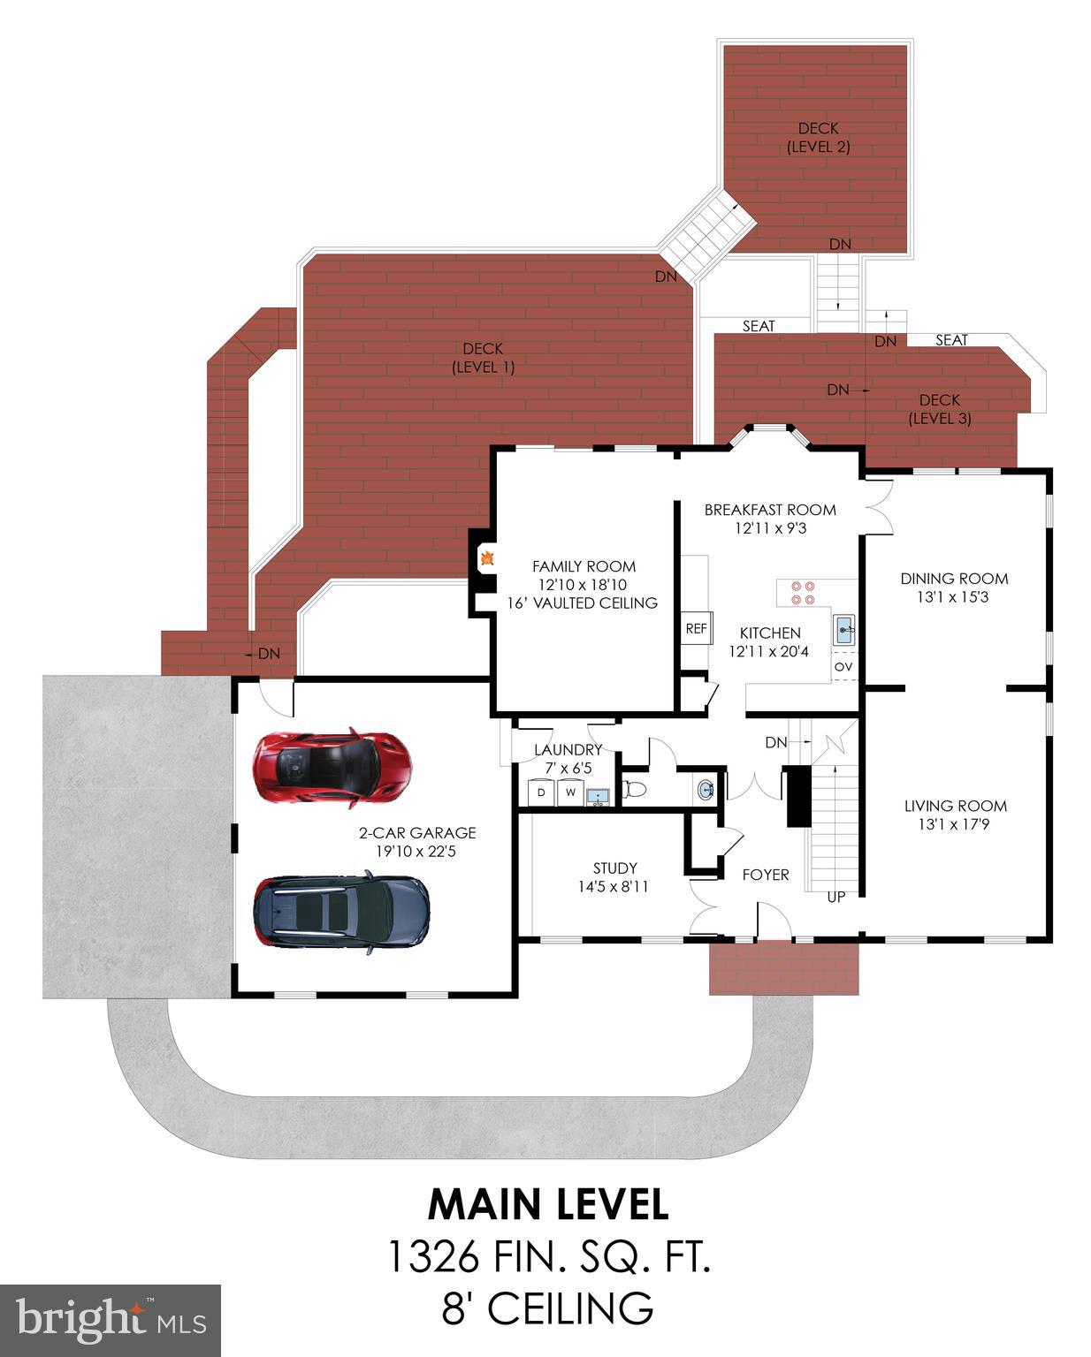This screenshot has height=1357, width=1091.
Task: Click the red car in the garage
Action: pyautogui.click(x=332, y=766)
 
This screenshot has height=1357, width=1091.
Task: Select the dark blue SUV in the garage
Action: pyautogui.click(x=341, y=911)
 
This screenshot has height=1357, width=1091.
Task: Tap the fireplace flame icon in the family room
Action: pyautogui.click(x=486, y=558)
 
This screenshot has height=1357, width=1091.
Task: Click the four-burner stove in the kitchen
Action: pyautogui.click(x=803, y=593)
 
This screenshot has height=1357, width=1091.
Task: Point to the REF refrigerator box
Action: pyautogui.click(x=696, y=629)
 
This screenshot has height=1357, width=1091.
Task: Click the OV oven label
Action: pyautogui.click(x=843, y=666)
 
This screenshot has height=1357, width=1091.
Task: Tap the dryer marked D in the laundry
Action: pyautogui.click(x=540, y=792)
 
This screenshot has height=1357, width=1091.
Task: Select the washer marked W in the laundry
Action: pyautogui.click(x=570, y=792)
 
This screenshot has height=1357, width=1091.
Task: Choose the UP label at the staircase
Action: pyautogui.click(x=835, y=897)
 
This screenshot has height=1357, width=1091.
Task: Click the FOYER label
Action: pyautogui.click(x=765, y=875)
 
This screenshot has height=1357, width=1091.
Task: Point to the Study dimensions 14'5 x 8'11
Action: pyautogui.click(x=614, y=886)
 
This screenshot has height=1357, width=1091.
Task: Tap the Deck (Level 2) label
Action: pyautogui.click(x=818, y=138)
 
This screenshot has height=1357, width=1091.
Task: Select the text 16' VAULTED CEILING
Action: pyautogui.click(x=582, y=603)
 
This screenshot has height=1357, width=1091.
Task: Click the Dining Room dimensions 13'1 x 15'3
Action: pyautogui.click(x=953, y=597)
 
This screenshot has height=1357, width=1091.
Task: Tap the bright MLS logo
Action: pyautogui.click(x=110, y=1320)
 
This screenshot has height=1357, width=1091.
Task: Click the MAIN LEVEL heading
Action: pyautogui.click(x=547, y=1204)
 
